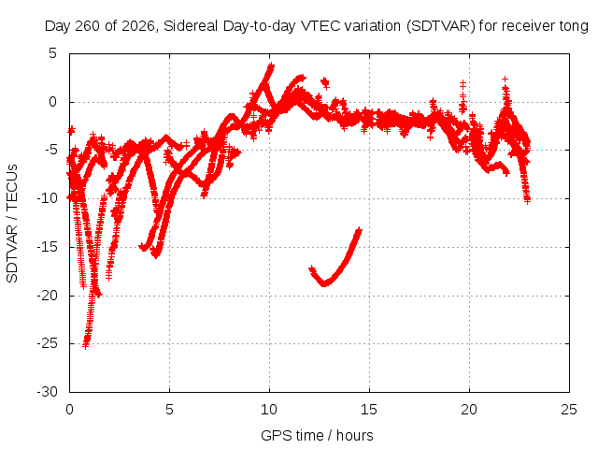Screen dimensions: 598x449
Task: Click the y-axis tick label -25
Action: click(x=47, y=343)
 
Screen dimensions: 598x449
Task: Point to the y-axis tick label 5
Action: click(x=52, y=53)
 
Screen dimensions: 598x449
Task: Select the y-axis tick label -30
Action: click(x=47, y=392)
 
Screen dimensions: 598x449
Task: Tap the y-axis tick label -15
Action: click(x=47, y=247)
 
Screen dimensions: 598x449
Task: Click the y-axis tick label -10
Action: click(x=47, y=198)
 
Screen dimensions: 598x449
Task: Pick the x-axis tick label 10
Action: click(x=269, y=410)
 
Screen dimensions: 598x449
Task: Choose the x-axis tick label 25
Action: click(x=569, y=410)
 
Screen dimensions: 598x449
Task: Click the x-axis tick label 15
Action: click(x=369, y=410)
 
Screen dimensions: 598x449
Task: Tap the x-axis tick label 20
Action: click(x=469, y=410)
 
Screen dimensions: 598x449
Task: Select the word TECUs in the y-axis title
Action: click(x=12, y=187)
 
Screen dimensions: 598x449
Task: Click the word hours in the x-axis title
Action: click(x=355, y=436)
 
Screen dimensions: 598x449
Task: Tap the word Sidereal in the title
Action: click(x=191, y=26)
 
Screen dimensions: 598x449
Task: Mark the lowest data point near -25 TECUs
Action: click(x=85, y=345)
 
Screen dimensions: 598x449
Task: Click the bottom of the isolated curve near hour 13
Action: click(x=324, y=283)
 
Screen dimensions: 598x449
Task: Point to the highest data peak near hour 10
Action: click(x=271, y=65)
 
